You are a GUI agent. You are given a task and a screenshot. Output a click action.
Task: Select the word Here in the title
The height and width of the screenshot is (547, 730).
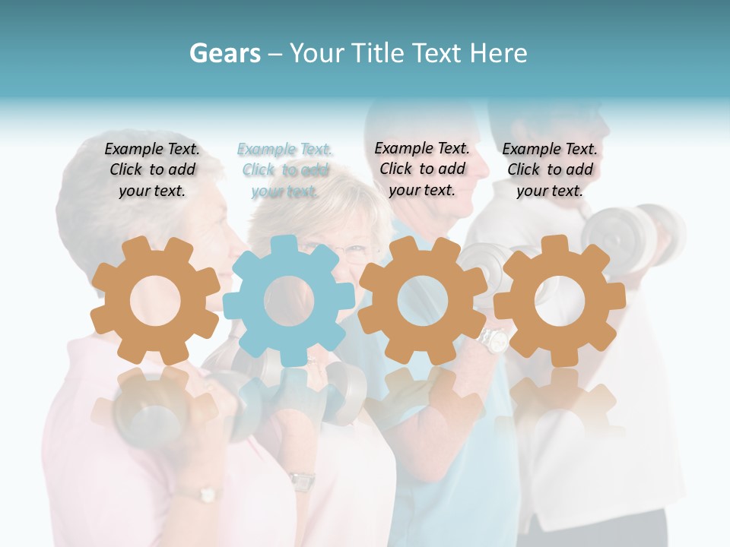(x=498, y=53)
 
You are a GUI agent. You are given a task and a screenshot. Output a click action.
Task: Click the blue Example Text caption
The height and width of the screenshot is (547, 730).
(x=285, y=170)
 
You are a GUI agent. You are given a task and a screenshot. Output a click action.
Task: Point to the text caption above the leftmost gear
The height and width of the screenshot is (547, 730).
(x=152, y=170)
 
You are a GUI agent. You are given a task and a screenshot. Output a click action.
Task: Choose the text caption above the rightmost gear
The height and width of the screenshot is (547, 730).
(x=550, y=170)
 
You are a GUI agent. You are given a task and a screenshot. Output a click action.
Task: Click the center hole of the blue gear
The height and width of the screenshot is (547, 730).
(x=288, y=301)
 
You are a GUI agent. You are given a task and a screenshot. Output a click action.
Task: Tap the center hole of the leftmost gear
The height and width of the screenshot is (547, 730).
(x=154, y=301)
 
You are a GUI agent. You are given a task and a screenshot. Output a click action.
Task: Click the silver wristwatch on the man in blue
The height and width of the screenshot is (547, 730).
(x=495, y=340)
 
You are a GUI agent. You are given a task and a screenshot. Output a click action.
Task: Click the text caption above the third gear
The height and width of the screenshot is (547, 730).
(x=422, y=169)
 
